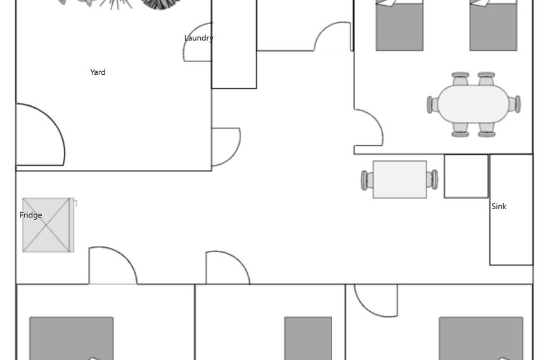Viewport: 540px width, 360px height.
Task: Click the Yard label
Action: [98, 72]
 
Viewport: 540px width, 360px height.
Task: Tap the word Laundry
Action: [199, 38]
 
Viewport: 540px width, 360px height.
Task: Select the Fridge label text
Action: [31, 215]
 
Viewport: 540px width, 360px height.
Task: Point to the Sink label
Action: [499, 207]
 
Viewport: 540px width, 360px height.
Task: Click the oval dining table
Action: [473, 104]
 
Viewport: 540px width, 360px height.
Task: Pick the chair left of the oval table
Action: [432, 105]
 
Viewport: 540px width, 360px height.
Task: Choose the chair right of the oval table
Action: [515, 105]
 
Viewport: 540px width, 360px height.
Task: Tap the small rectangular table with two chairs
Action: [400, 179]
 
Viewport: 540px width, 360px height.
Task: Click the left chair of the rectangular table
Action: [366, 180]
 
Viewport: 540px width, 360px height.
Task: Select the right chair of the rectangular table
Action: [432, 179]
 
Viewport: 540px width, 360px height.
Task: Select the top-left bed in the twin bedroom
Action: [399, 25]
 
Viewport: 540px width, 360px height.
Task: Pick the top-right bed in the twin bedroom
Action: [493, 25]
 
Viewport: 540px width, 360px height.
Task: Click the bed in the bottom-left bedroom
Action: [72, 338]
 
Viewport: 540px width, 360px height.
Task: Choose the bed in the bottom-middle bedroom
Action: [308, 338]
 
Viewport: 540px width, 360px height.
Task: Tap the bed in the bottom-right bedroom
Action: [481, 338]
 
